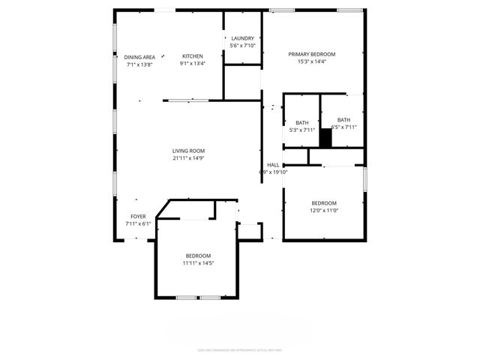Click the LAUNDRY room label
242,38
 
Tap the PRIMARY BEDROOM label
312,54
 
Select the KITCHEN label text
192,56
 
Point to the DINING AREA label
139,57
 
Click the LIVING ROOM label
188,151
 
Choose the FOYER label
138,216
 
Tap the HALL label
273,165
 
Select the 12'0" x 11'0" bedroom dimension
324,211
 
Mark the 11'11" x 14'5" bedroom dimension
198,263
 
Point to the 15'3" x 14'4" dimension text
312,61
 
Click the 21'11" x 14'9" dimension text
188,158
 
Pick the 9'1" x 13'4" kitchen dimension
192,64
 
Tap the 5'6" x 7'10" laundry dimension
242,46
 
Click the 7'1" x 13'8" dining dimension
139,64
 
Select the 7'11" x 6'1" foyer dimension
138,223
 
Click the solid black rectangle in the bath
325,139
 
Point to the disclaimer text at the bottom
239,349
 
